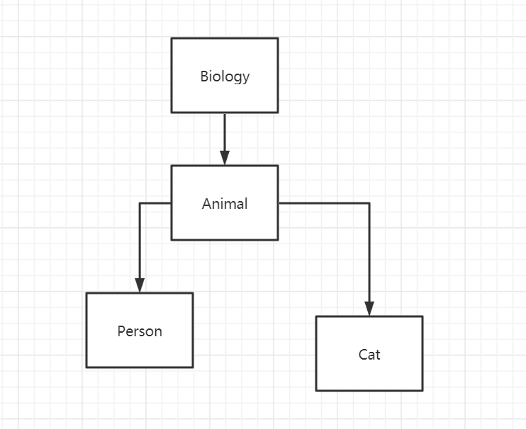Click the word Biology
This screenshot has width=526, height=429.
tap(225, 76)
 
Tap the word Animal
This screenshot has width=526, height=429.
tap(225, 204)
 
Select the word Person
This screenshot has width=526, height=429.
tap(140, 331)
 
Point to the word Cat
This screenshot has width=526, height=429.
tap(369, 355)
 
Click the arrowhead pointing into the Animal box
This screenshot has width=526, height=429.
tap(225, 158)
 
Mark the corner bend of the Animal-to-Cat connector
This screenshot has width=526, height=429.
tap(369, 203)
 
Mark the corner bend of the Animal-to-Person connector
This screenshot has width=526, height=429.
tap(140, 203)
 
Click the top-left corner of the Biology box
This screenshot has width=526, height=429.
tap(172, 38)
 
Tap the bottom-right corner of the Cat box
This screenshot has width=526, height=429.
tap(423, 390)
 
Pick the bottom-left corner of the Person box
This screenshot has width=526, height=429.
tap(86, 367)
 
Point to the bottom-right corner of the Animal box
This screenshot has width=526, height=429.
tap(278, 239)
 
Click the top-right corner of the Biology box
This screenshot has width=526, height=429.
tap(278, 38)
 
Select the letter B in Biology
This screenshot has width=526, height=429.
tap(204, 76)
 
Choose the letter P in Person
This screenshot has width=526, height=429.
tap(121, 331)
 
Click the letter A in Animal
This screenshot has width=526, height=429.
tap(206, 204)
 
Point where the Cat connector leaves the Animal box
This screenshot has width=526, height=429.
tap(279, 203)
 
